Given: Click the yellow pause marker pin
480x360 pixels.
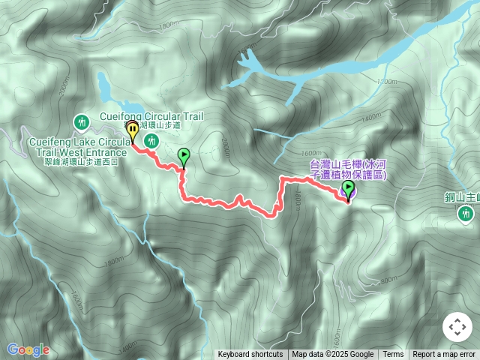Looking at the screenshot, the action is tap(132, 129).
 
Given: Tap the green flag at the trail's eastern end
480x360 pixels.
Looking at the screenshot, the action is tap(348, 187).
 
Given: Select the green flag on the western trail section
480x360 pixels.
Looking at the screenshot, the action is tap(184, 156).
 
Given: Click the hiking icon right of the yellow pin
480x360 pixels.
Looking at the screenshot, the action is tap(152, 140).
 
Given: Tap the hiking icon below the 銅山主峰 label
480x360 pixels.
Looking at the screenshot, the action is tap(465, 214).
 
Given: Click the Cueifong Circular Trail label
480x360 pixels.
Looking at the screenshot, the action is tap(151, 116).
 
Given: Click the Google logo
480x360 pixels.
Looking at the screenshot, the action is tap(27, 349).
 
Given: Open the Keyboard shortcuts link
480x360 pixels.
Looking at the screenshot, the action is tap(250, 355).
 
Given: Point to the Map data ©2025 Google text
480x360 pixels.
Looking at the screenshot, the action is tap(332, 355).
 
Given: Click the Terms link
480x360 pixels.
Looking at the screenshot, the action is tap(393, 355).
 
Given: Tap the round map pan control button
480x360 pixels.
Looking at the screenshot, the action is tap(457, 327).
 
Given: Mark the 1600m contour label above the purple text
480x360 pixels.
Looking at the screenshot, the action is tap(321, 151).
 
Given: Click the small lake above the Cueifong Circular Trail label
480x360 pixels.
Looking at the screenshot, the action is tap(112, 90).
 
